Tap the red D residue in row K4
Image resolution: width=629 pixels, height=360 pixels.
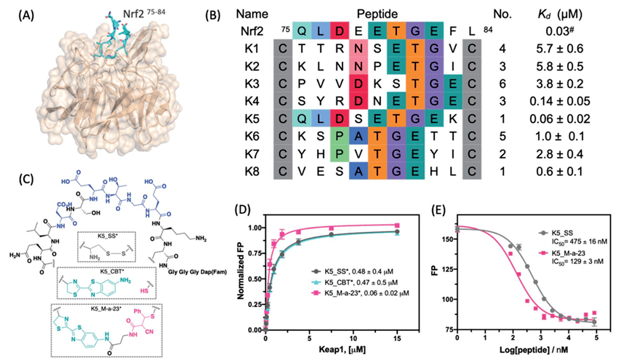pos(339,100)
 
